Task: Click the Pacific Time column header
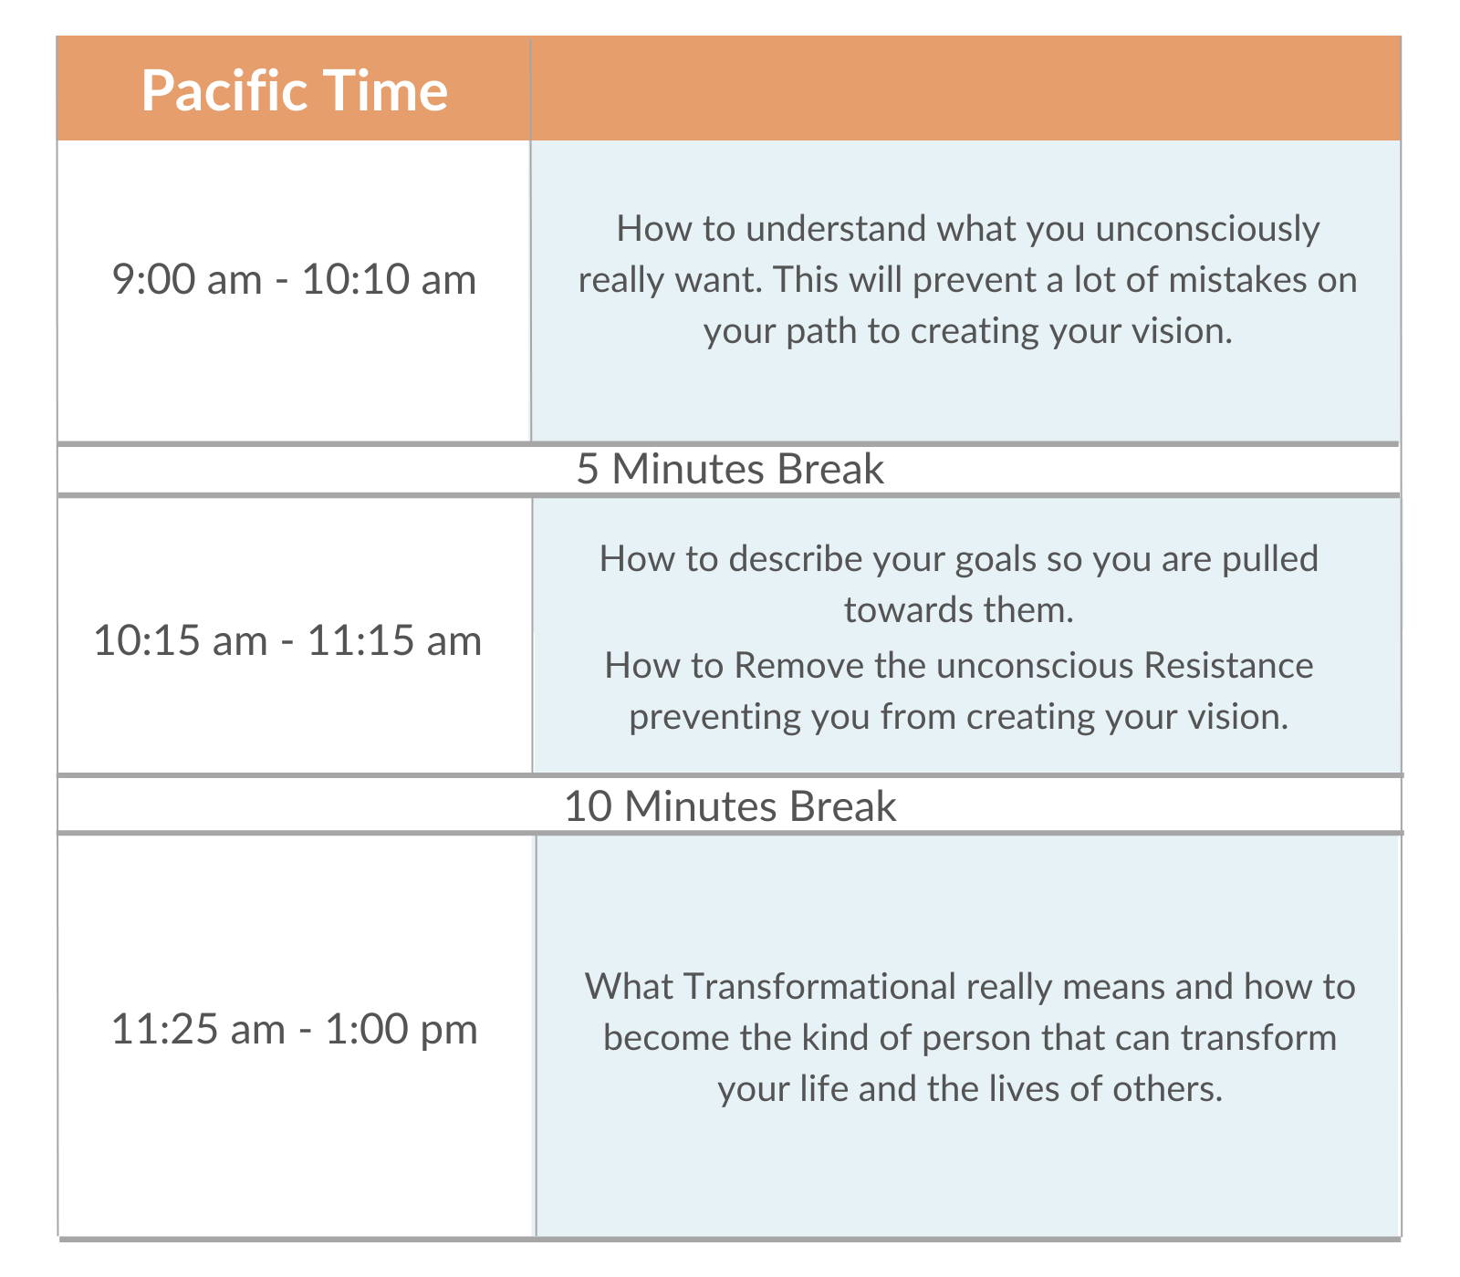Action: click(294, 91)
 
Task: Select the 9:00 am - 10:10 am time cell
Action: click(294, 279)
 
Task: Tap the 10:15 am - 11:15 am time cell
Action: click(287, 640)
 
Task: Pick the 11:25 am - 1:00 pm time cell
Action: click(294, 1030)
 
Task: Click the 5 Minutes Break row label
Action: click(730, 469)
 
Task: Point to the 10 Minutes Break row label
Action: click(730, 806)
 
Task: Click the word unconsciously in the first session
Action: click(1207, 229)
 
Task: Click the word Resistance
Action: click(1228, 666)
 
